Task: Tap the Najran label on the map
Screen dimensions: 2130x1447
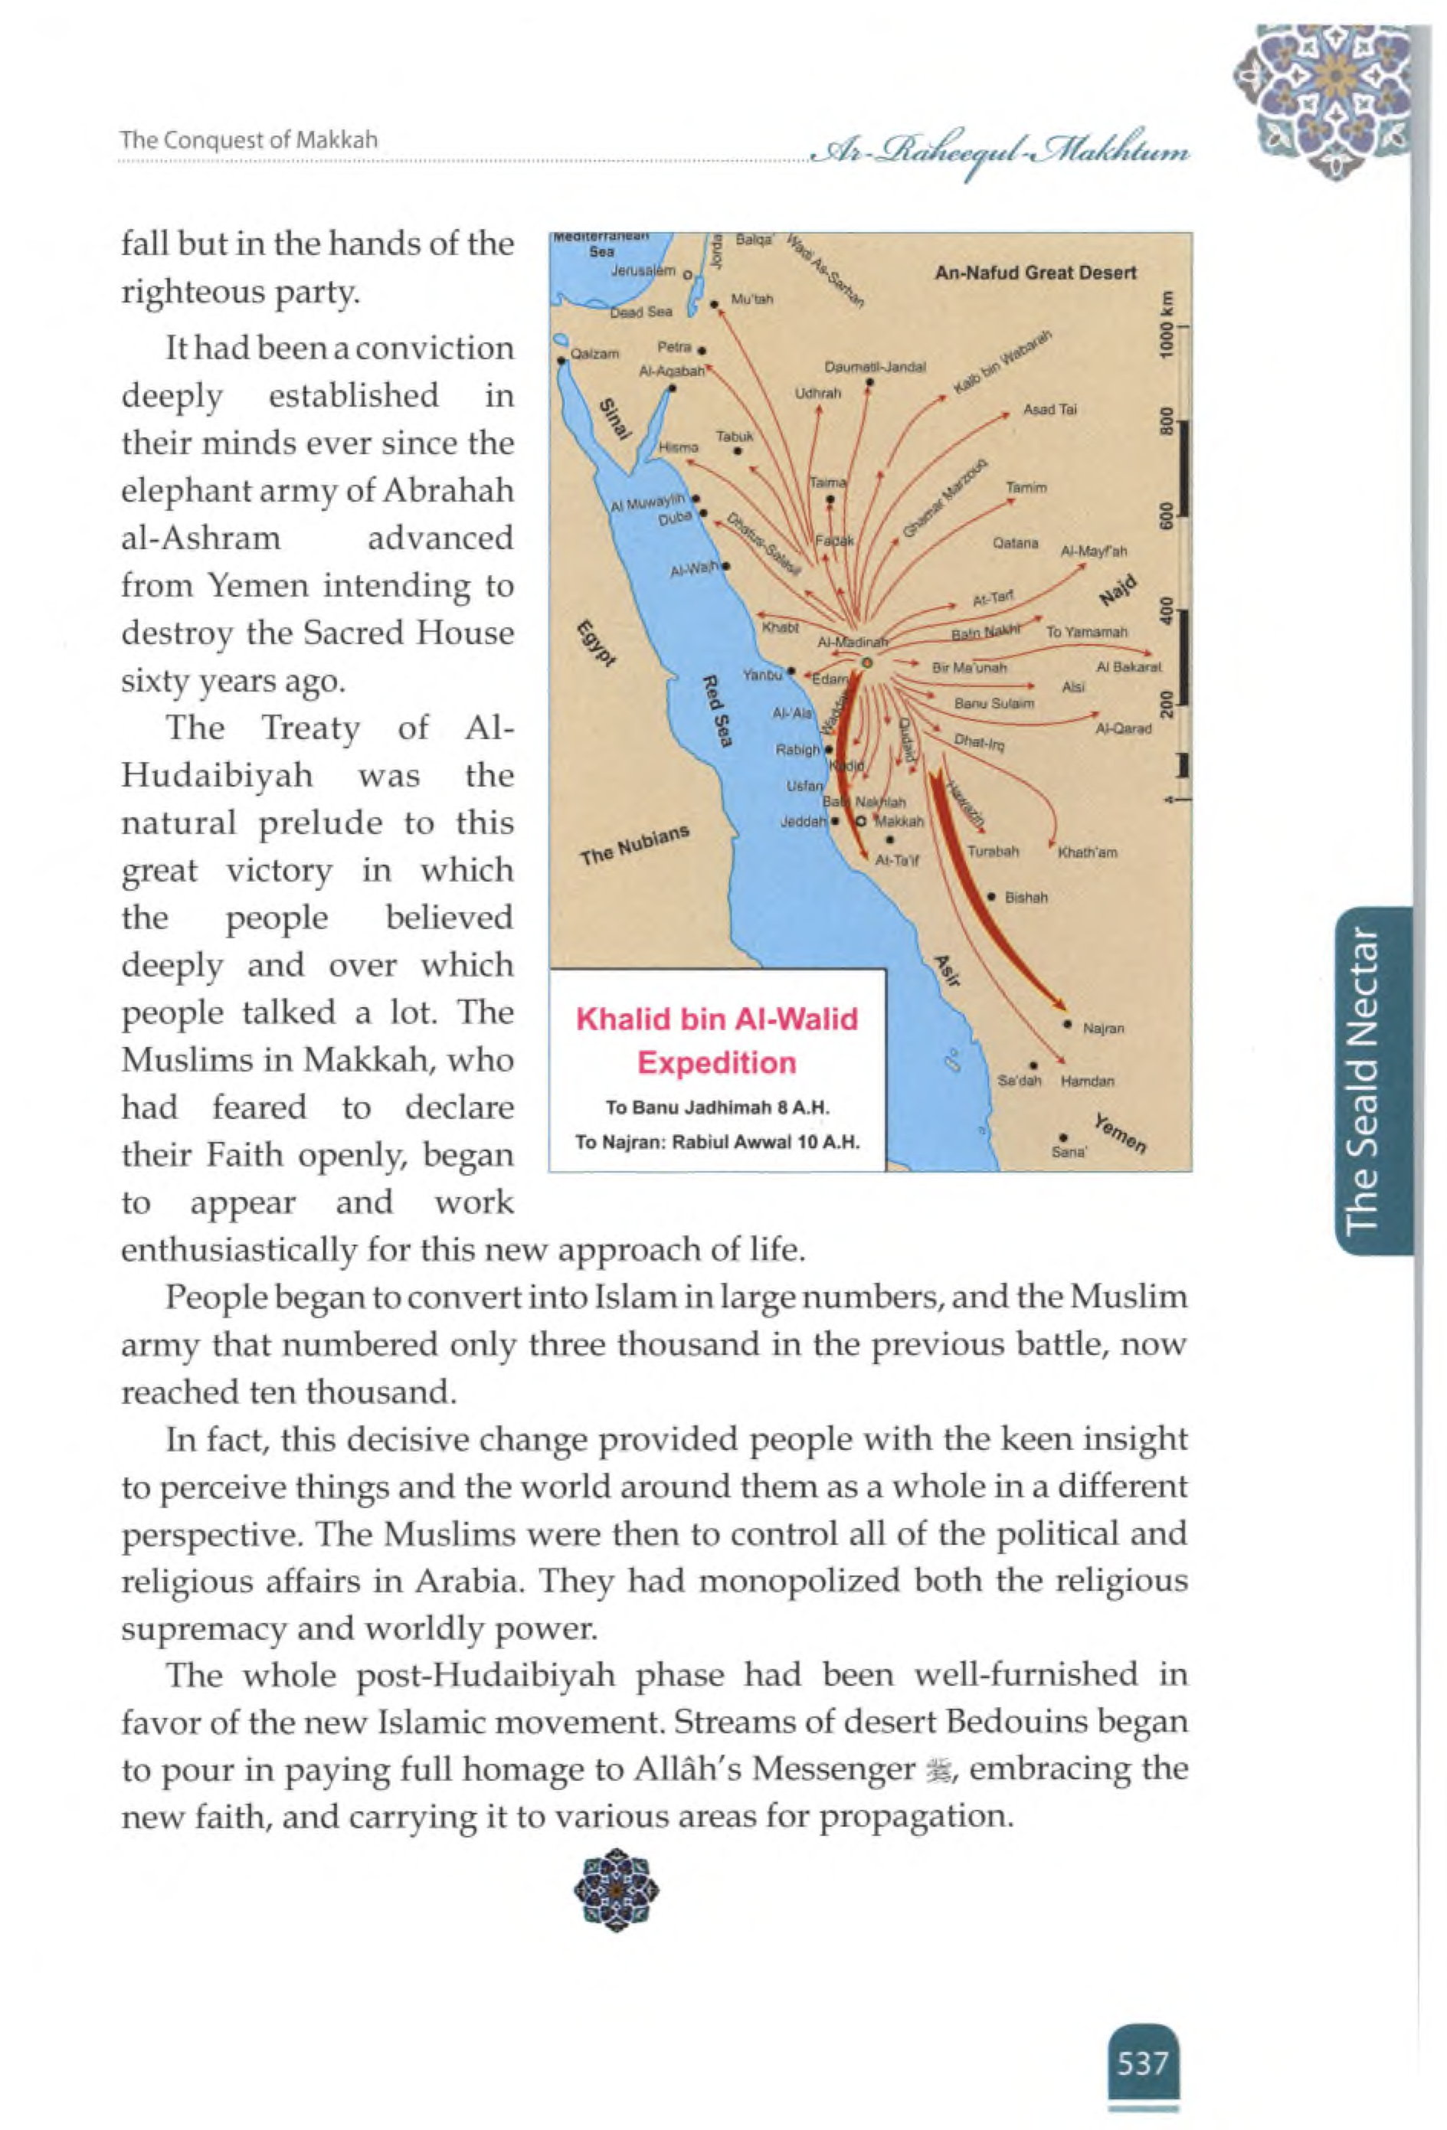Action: click(x=1103, y=1029)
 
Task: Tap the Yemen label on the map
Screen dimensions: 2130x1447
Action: click(x=1119, y=1134)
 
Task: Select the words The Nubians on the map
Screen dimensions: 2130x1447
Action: click(x=633, y=845)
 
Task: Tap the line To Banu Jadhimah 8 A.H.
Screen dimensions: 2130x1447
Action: click(x=717, y=1108)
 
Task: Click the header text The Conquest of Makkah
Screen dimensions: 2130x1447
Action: click(x=249, y=140)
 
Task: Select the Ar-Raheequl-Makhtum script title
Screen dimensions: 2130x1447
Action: click(x=1000, y=153)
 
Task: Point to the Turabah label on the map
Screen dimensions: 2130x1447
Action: click(x=993, y=852)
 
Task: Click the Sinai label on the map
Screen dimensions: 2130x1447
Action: click(x=616, y=419)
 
